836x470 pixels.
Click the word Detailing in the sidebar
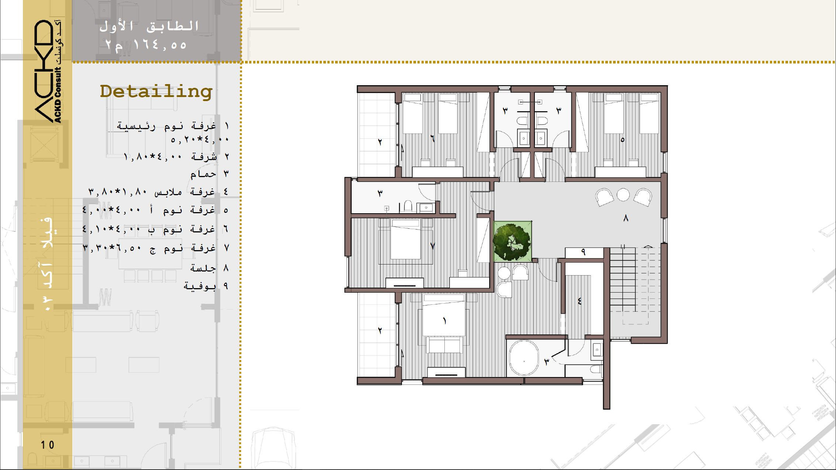(156, 91)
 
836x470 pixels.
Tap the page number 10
(48, 445)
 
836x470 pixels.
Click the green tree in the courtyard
(512, 241)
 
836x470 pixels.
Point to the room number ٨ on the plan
(626, 219)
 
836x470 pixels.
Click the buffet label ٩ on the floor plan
(583, 252)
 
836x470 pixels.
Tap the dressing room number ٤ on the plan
(579, 301)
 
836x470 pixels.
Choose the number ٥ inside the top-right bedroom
(622, 140)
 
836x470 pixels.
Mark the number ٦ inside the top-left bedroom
(432, 138)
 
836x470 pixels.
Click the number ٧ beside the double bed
(433, 246)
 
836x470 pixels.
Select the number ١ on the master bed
(445, 321)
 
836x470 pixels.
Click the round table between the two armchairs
(623, 194)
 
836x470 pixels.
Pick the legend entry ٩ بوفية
(206, 286)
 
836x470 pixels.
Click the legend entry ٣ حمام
(210, 174)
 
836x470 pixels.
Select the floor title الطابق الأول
(149, 26)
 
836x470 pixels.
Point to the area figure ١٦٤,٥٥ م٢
(146, 45)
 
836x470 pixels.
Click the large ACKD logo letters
(43, 71)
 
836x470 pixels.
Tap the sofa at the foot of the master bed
(444, 345)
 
